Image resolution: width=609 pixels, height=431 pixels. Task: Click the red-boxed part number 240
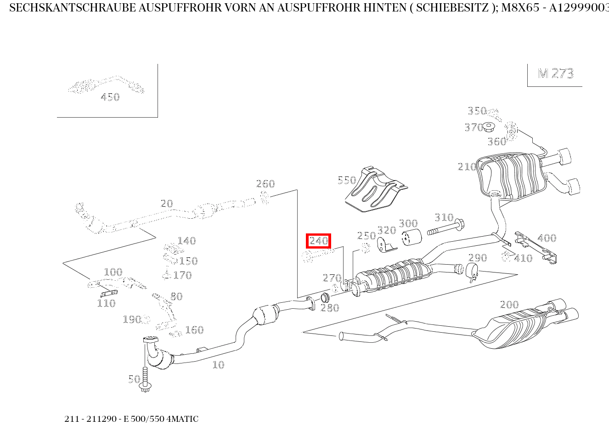318,241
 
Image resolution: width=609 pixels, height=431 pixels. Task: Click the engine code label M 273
555,74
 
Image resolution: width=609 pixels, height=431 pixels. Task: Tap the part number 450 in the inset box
110,97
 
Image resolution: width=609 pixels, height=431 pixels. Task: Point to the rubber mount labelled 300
412,238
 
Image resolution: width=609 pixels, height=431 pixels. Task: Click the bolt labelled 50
146,379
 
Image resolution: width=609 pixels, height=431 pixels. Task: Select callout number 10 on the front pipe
218,365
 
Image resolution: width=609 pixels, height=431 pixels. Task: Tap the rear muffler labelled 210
510,177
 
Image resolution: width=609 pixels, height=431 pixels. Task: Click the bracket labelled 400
535,248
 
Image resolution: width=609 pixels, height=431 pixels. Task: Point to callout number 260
265,184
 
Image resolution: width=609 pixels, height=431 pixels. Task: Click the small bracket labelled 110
108,293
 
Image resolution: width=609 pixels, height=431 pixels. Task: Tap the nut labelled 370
489,127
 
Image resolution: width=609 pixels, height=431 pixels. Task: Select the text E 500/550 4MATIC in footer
164,419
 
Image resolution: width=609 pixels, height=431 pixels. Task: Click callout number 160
194,330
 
